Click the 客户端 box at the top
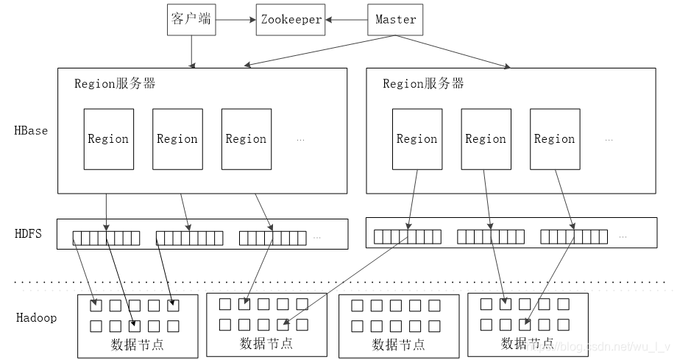click(191, 19)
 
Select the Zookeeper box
click(291, 19)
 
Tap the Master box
click(395, 19)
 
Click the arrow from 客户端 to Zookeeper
click(235, 19)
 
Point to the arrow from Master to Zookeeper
click(347, 19)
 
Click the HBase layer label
click(31, 131)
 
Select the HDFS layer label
click(28, 234)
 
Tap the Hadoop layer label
click(36, 318)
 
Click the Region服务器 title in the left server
click(115, 83)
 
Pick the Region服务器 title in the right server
click(423, 83)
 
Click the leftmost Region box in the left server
click(108, 138)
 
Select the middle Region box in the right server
click(486, 138)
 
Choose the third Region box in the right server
click(554, 138)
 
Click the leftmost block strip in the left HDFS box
click(106, 238)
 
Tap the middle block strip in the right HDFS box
click(490, 237)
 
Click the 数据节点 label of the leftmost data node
click(137, 345)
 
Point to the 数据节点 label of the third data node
click(398, 345)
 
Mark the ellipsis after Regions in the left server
click(300, 139)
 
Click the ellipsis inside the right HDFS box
click(623, 237)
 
